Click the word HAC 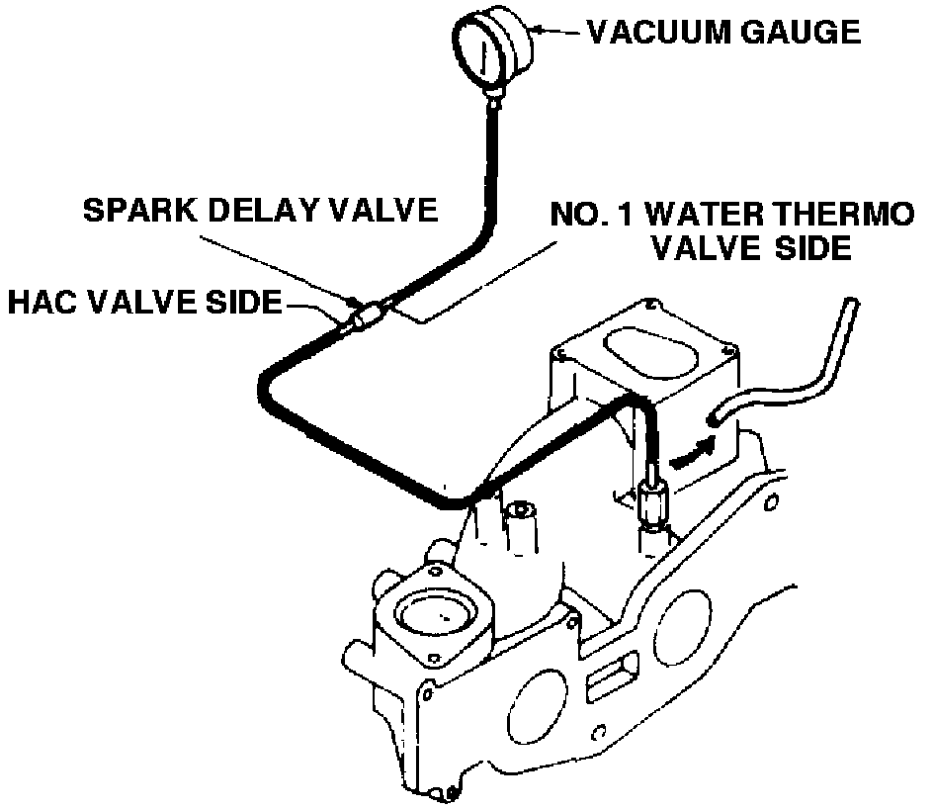[x=42, y=303]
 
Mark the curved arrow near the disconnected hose [x=691, y=453]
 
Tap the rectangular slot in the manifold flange [x=604, y=683]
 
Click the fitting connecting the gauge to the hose [x=495, y=97]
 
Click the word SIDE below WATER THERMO [x=809, y=247]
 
